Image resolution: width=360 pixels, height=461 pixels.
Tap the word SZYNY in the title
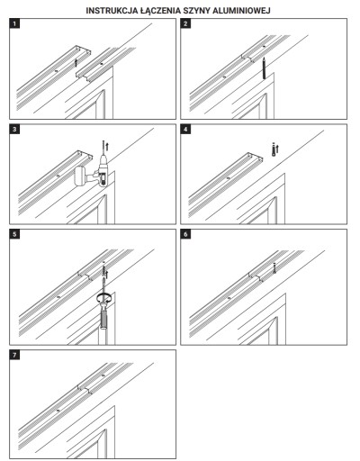[196, 11]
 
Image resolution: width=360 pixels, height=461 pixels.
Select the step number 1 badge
[14, 23]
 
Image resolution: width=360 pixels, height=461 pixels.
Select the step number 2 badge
[185, 23]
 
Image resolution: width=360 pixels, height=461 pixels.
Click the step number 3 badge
[14, 130]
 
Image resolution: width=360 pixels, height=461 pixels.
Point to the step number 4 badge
[185, 130]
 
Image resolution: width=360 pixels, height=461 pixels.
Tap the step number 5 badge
[14, 234]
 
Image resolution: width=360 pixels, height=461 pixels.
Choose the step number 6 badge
[185, 234]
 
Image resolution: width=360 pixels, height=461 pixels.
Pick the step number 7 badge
[14, 355]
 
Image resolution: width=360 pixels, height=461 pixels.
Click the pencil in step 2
[264, 68]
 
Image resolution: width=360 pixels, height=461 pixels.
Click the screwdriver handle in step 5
[103, 318]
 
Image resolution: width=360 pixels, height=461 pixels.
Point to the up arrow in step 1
[76, 62]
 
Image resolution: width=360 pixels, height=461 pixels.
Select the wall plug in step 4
[274, 149]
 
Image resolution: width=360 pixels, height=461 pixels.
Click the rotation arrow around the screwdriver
[104, 298]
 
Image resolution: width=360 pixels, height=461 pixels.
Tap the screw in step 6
[274, 268]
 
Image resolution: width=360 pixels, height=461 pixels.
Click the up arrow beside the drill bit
[107, 147]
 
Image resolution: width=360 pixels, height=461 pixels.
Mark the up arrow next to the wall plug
[277, 149]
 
